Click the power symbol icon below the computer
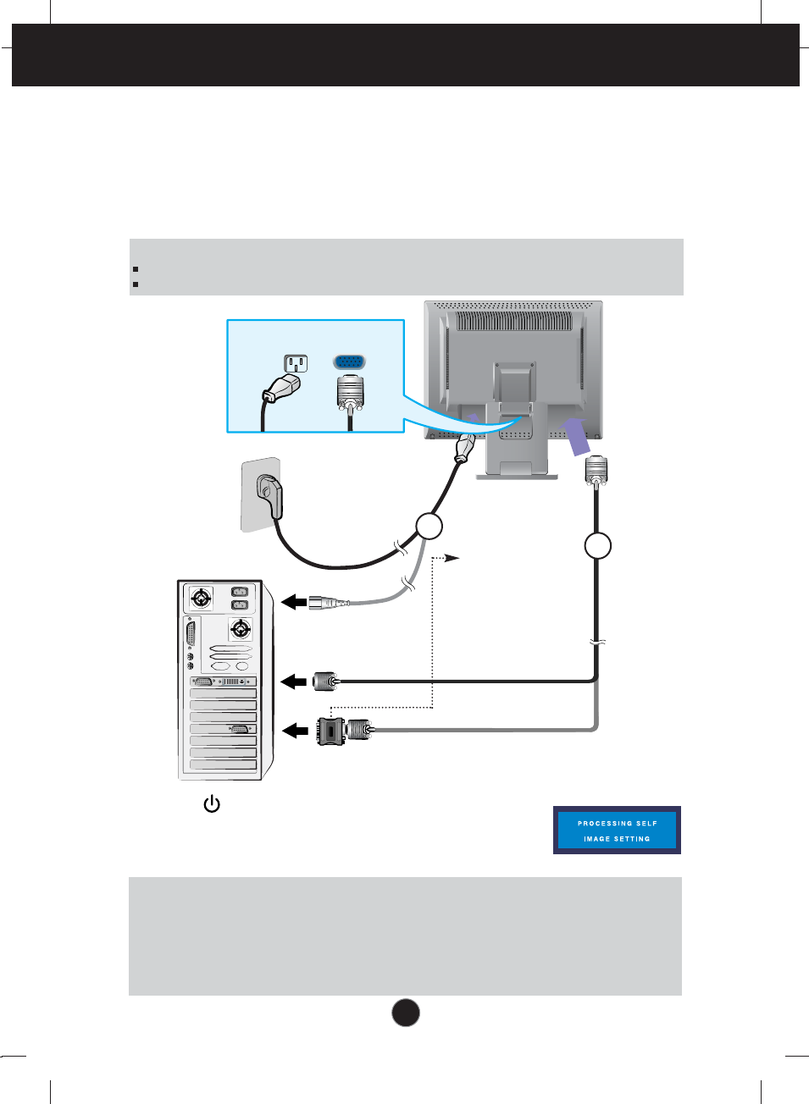click(x=212, y=804)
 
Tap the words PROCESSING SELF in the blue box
click(x=617, y=823)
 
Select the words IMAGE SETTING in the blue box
click(x=617, y=839)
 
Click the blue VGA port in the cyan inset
click(x=350, y=362)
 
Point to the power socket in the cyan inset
click(x=295, y=363)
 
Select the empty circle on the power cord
click(x=429, y=527)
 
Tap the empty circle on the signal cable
click(x=598, y=545)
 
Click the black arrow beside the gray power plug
click(x=294, y=602)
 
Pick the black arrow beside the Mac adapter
click(x=294, y=730)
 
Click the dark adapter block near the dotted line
click(x=330, y=731)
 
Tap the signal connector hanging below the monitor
click(x=596, y=470)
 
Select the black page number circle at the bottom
click(x=406, y=1013)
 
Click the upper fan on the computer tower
click(x=201, y=599)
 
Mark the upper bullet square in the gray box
click(x=136, y=269)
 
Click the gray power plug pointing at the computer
click(x=327, y=603)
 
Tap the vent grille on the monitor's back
click(x=514, y=322)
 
